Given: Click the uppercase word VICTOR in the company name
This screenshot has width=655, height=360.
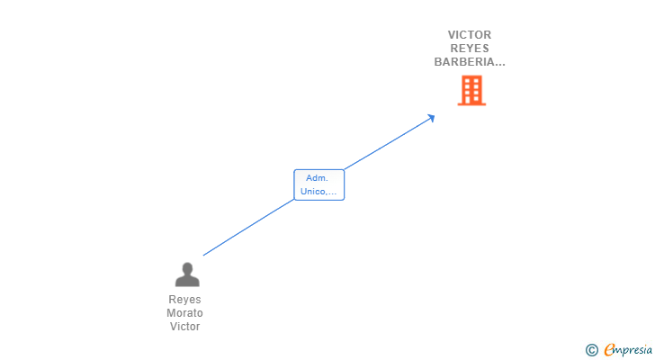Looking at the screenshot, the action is [470, 35].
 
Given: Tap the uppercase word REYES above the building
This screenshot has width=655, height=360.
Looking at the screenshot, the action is [470, 49].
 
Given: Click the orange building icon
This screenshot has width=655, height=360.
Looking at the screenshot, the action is [471, 91].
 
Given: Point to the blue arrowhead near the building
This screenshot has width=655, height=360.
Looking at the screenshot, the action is [431, 117].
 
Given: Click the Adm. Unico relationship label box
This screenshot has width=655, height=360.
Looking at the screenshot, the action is [319, 184].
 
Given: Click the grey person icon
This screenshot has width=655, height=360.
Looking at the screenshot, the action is [187, 274].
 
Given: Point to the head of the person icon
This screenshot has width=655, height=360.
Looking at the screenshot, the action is [187, 268].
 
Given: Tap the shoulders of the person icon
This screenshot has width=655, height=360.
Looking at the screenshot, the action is [187, 281].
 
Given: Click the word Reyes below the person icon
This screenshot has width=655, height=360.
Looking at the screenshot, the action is [184, 300].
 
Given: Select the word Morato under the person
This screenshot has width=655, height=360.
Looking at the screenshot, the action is [184, 313].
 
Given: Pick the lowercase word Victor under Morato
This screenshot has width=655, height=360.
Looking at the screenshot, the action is [184, 327].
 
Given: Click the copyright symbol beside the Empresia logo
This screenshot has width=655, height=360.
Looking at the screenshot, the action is [591, 350].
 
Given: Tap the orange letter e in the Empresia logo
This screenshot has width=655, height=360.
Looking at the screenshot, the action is [609, 350].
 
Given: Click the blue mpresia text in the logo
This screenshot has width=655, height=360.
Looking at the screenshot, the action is [633, 350].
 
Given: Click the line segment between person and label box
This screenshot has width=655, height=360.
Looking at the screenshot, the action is [248, 228].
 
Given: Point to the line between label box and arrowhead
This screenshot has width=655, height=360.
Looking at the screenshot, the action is [387, 143].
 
